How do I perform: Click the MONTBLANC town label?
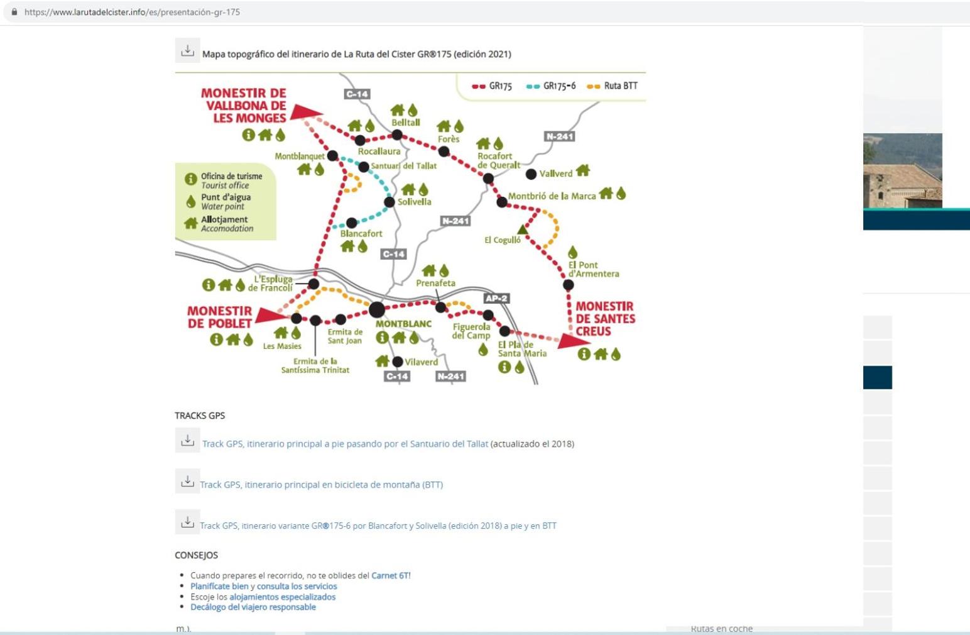pos(403,324)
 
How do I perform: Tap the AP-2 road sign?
pos(496,298)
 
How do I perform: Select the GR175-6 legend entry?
pos(551,86)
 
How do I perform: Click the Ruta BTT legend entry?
pos(612,86)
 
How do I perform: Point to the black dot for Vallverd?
pos(531,174)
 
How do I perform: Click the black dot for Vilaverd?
pos(398,362)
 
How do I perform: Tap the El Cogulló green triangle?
pos(523,229)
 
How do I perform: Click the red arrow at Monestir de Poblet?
pos(271,315)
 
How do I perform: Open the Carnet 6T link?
pos(390,575)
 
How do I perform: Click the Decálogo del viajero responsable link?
pos(253,607)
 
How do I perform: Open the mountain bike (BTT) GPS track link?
pos(321,485)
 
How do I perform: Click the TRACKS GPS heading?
pos(200,415)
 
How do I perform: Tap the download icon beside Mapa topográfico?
pos(187,50)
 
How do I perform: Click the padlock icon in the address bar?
pos(14,12)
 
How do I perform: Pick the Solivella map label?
pos(415,202)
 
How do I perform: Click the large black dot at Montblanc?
pos(377,309)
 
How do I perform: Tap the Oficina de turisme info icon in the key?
pos(190,179)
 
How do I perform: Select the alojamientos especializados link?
pos(282,597)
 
